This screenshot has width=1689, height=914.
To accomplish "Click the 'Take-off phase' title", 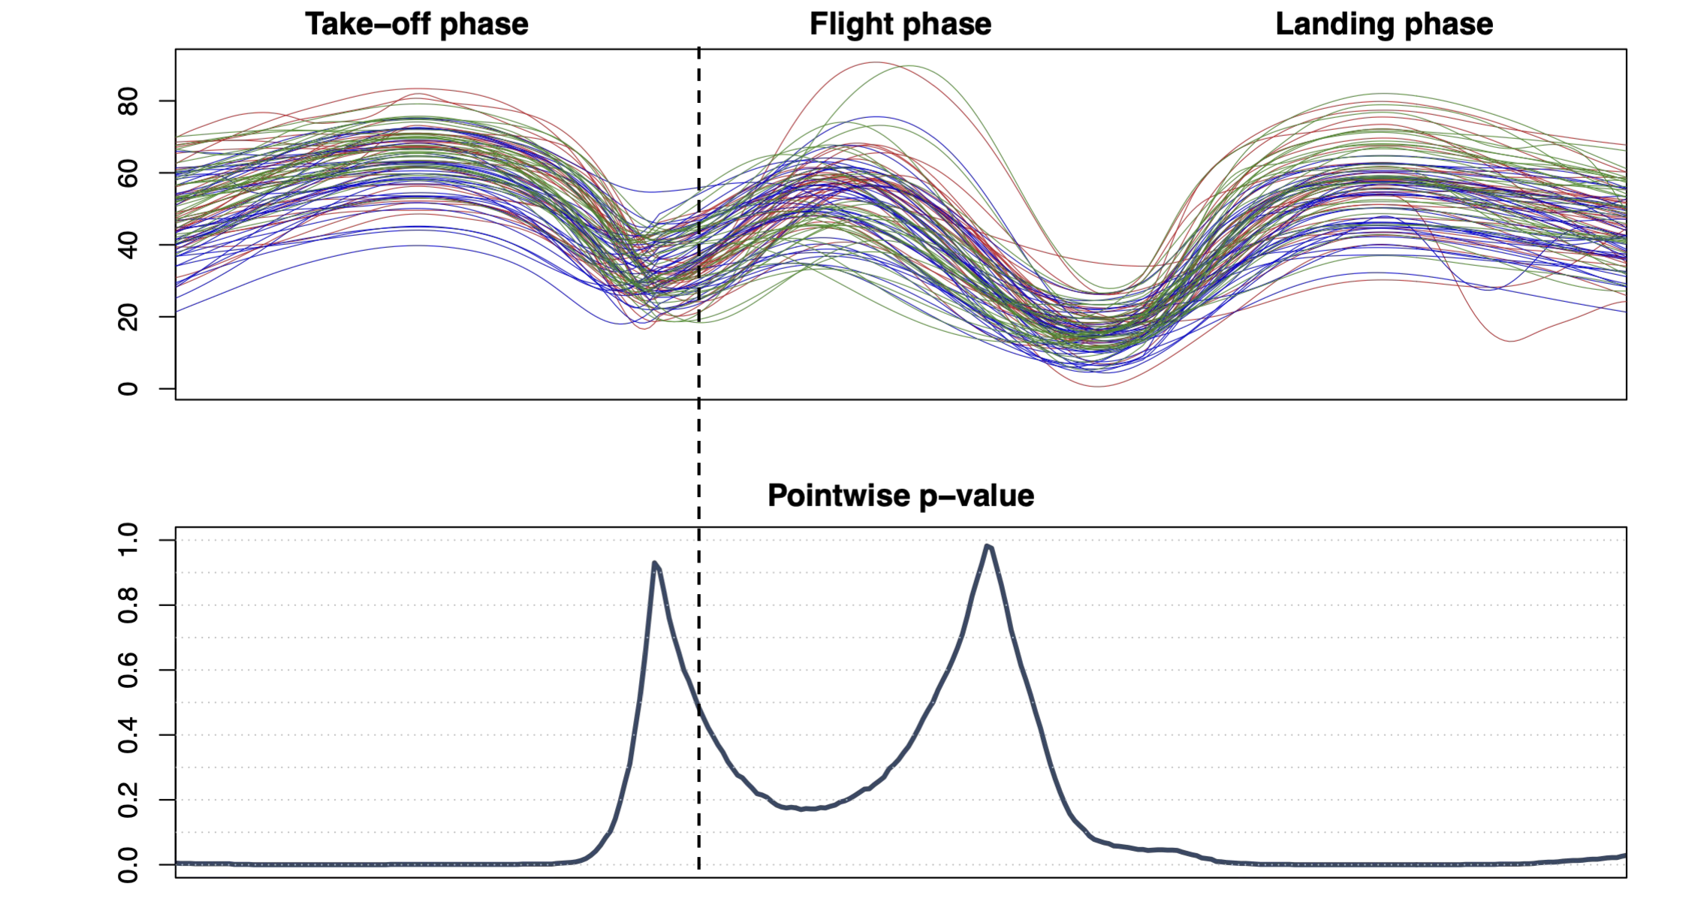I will point(416,24).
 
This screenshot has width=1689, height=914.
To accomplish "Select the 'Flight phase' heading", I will point(900,24).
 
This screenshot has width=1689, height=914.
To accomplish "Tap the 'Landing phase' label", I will point(1383,24).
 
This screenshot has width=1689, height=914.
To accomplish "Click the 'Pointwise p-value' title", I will point(900,496).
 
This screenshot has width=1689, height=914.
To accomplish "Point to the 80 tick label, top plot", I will point(128,101).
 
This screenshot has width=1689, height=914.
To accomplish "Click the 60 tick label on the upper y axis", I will point(128,173).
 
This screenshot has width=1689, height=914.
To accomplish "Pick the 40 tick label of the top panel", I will point(128,245).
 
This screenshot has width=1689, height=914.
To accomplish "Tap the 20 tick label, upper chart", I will point(128,317).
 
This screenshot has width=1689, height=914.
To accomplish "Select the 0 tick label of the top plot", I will point(128,388).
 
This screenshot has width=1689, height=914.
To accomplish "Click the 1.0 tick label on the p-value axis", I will point(128,540).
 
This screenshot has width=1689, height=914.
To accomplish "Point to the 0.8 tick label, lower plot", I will point(128,605).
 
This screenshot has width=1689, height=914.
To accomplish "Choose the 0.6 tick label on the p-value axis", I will point(128,670).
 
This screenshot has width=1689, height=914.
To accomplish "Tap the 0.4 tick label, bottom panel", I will point(128,735).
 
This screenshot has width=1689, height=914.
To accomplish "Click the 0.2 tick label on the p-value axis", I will point(128,800).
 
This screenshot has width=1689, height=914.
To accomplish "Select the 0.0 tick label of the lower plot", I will point(128,864).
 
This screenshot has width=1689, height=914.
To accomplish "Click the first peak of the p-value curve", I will point(655,563).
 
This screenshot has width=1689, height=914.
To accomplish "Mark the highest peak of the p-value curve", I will point(988,546).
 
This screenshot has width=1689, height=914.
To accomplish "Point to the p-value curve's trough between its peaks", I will point(805,809).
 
